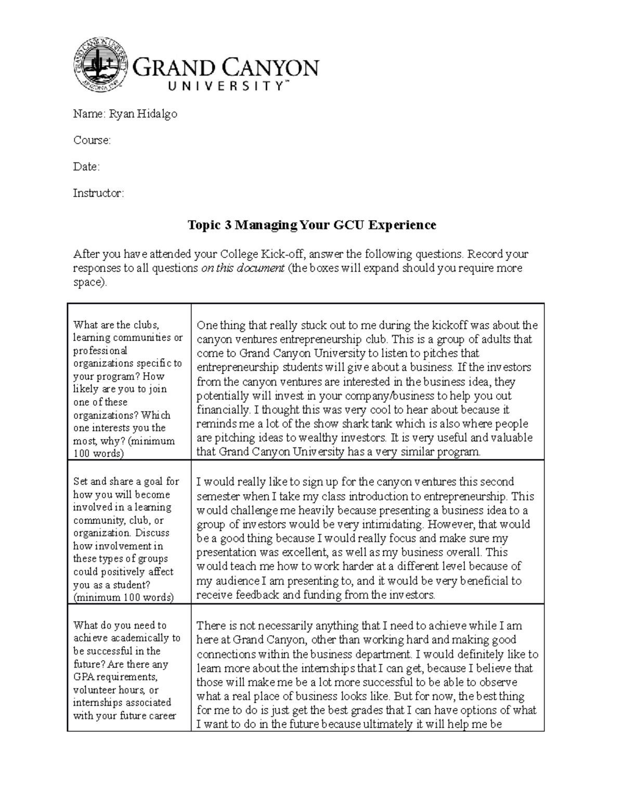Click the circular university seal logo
pyautogui.click(x=101, y=63)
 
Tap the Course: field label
pyautogui.click(x=92, y=140)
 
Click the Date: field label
pyautogui.click(x=86, y=167)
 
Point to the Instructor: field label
pyautogui.click(x=98, y=194)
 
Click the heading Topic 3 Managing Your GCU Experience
pyautogui.click(x=311, y=225)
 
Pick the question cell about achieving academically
pyautogui.click(x=128, y=670)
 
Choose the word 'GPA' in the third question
pyautogui.click(x=83, y=677)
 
